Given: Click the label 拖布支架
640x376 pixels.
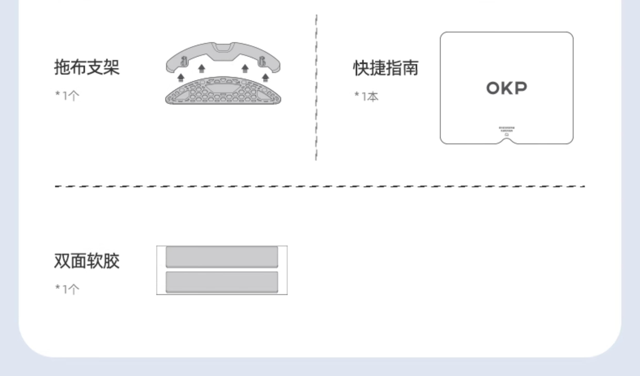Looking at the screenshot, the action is (87, 67).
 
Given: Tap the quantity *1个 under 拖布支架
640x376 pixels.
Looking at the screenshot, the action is (67, 96).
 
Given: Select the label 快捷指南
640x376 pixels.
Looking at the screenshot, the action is (386, 68).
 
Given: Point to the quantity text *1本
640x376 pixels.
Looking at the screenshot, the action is (366, 96).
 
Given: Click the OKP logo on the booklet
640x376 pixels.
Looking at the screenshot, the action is (506, 88).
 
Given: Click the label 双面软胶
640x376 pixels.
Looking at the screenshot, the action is (87, 261).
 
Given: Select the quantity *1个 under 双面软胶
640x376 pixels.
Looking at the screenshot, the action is (67, 289).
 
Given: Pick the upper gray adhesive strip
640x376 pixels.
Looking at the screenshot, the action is (222, 257).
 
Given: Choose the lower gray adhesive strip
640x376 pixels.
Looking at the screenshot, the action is (222, 282).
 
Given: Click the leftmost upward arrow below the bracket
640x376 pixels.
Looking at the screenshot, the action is (181, 77).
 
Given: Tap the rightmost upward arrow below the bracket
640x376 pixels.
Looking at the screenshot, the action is (265, 77).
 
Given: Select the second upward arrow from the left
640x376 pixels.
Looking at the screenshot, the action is (202, 69).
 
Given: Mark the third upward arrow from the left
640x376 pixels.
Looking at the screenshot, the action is (245, 69).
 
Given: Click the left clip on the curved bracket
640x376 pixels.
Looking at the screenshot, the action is (183, 61).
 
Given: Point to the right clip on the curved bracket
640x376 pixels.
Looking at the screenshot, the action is (262, 61).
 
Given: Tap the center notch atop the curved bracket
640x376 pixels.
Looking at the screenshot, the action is (223, 48).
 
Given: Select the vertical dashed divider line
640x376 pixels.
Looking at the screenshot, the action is (316, 88).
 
